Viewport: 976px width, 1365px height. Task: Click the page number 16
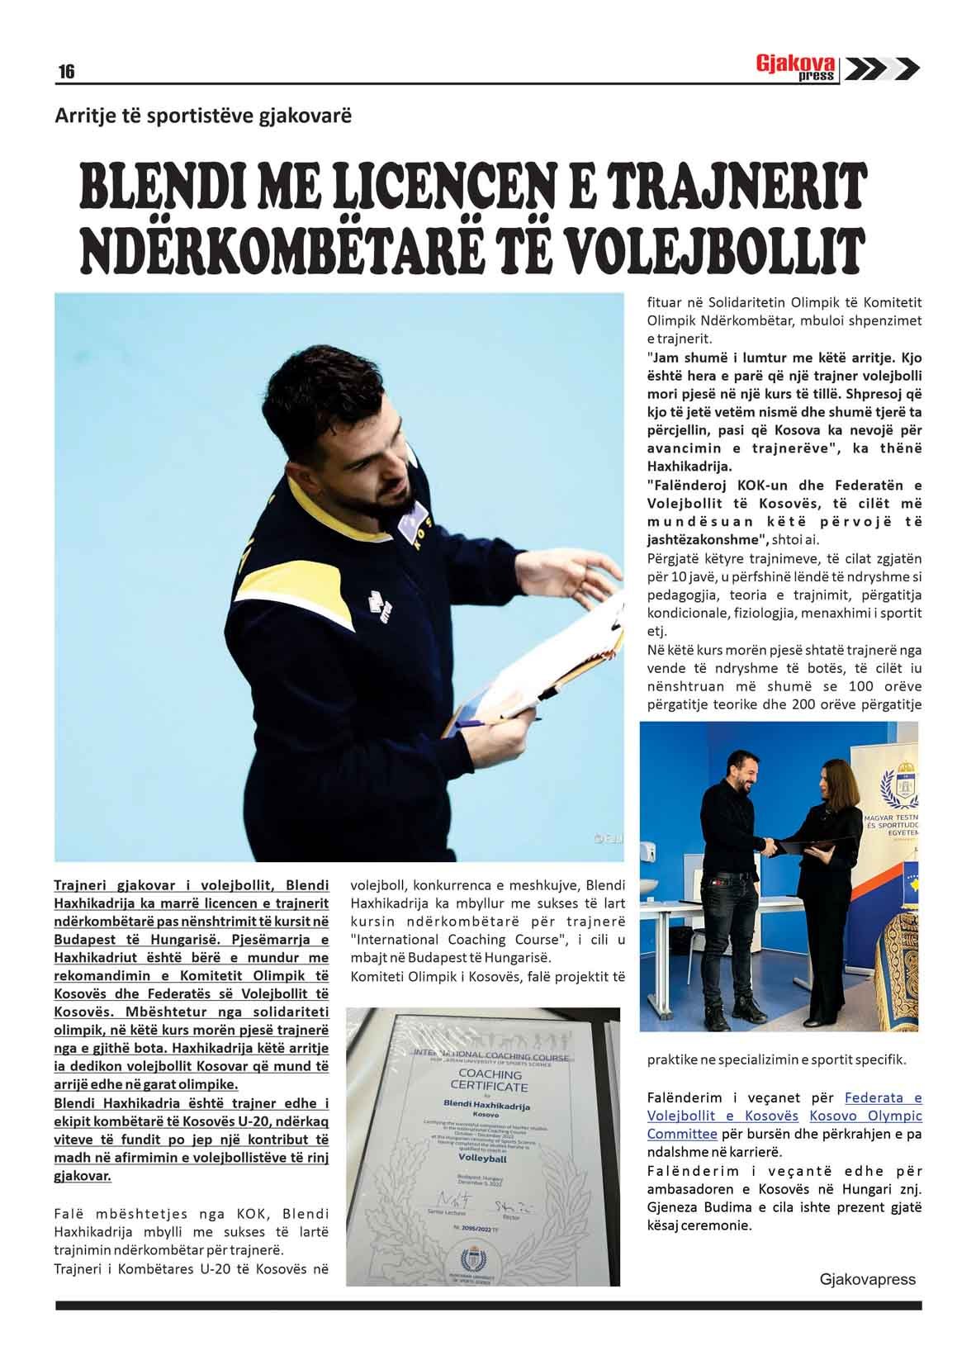click(x=66, y=72)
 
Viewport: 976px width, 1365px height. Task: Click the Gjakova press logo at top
click(x=798, y=69)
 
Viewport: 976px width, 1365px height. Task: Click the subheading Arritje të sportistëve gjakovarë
click(x=203, y=115)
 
